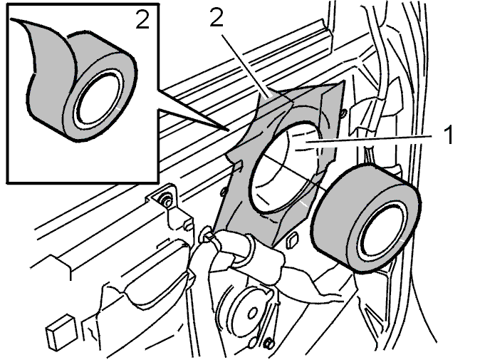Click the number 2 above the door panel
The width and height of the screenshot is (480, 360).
pyautogui.click(x=216, y=17)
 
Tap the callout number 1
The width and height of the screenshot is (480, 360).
pyautogui.click(x=449, y=135)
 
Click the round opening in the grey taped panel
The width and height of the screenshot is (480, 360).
pyautogui.click(x=286, y=167)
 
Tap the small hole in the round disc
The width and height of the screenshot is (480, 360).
pyautogui.click(x=253, y=313)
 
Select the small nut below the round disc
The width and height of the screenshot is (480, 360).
pyautogui.click(x=269, y=344)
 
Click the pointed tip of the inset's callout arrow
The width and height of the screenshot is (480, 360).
pyautogui.click(x=229, y=130)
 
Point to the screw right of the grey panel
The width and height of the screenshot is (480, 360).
pyautogui.click(x=343, y=114)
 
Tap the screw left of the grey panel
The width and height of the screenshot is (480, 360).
pyautogui.click(x=224, y=192)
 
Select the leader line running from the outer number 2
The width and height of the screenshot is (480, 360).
pyautogui.click(x=246, y=66)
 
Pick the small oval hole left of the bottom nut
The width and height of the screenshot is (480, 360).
pyautogui.click(x=254, y=341)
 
